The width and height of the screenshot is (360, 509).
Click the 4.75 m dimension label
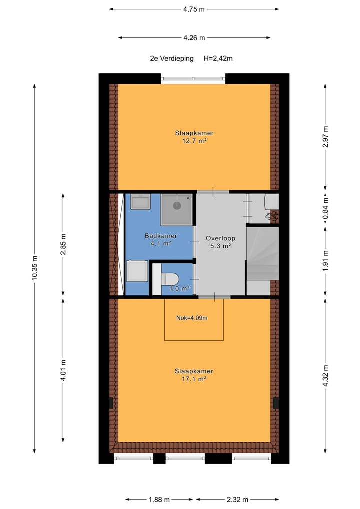(194, 9)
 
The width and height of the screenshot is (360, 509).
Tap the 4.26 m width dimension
(194, 37)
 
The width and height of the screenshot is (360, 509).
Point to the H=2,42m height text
(218, 58)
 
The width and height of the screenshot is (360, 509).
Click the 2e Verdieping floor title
(172, 58)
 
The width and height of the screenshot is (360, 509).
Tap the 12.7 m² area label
(194, 141)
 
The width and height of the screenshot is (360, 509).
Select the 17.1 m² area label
(194, 379)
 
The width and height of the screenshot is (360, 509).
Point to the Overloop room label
(220, 238)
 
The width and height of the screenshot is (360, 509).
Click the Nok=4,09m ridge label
(192, 317)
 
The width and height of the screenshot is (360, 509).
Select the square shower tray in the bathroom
(176, 209)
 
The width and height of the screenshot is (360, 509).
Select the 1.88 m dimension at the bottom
(159, 499)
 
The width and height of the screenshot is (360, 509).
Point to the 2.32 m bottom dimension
(237, 499)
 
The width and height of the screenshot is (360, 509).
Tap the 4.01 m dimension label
(63, 370)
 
